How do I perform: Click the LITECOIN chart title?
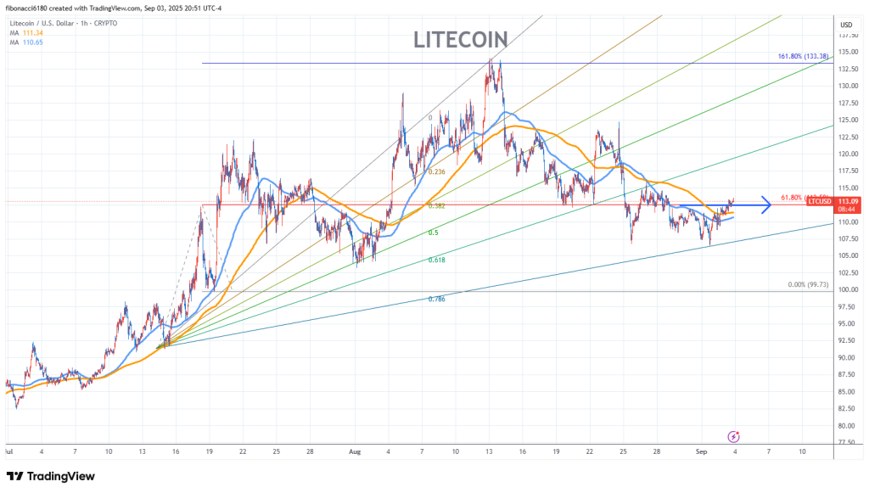click(x=461, y=39)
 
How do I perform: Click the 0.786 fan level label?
click(x=436, y=300)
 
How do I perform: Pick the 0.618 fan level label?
click(x=436, y=260)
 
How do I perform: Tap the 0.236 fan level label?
click(x=436, y=171)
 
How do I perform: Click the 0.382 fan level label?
click(x=436, y=206)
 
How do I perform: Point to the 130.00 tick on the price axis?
click(x=847, y=86)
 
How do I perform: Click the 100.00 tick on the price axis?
click(x=847, y=289)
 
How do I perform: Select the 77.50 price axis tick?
click(x=847, y=442)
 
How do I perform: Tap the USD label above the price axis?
click(x=845, y=25)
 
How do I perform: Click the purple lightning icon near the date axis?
click(x=734, y=436)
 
